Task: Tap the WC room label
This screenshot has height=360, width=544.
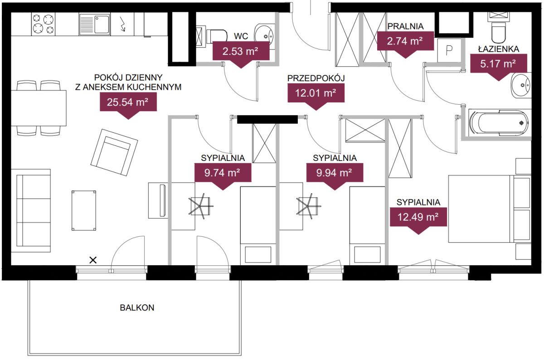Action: (241, 36)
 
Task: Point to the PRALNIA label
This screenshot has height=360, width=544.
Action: (405, 26)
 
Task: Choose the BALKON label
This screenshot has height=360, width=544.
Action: (137, 308)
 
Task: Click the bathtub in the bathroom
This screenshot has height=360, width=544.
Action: (499, 123)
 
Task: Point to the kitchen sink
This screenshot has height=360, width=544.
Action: (94, 24)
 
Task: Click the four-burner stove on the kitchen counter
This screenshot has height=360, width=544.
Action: (43, 24)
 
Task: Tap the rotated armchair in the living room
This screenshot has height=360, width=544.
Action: (114, 152)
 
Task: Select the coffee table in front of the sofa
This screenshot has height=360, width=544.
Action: (83, 210)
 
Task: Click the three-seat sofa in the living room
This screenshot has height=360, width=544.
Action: (31, 211)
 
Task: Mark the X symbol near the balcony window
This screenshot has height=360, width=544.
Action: (93, 260)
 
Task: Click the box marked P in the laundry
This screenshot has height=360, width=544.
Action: (449, 50)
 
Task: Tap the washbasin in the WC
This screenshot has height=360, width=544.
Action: (264, 35)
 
